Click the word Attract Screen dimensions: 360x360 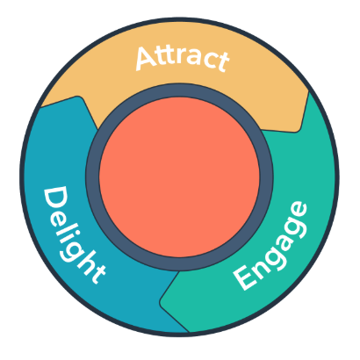[182, 58]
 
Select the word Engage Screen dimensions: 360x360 [270, 246]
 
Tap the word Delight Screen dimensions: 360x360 [74, 235]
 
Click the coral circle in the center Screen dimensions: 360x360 [179, 177]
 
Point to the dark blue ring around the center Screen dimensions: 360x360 [179, 90]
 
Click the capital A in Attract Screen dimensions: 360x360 [147, 58]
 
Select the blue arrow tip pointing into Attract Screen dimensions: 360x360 [78, 98]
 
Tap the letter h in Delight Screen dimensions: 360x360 [85, 265]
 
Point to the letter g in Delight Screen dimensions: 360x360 [73, 249]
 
